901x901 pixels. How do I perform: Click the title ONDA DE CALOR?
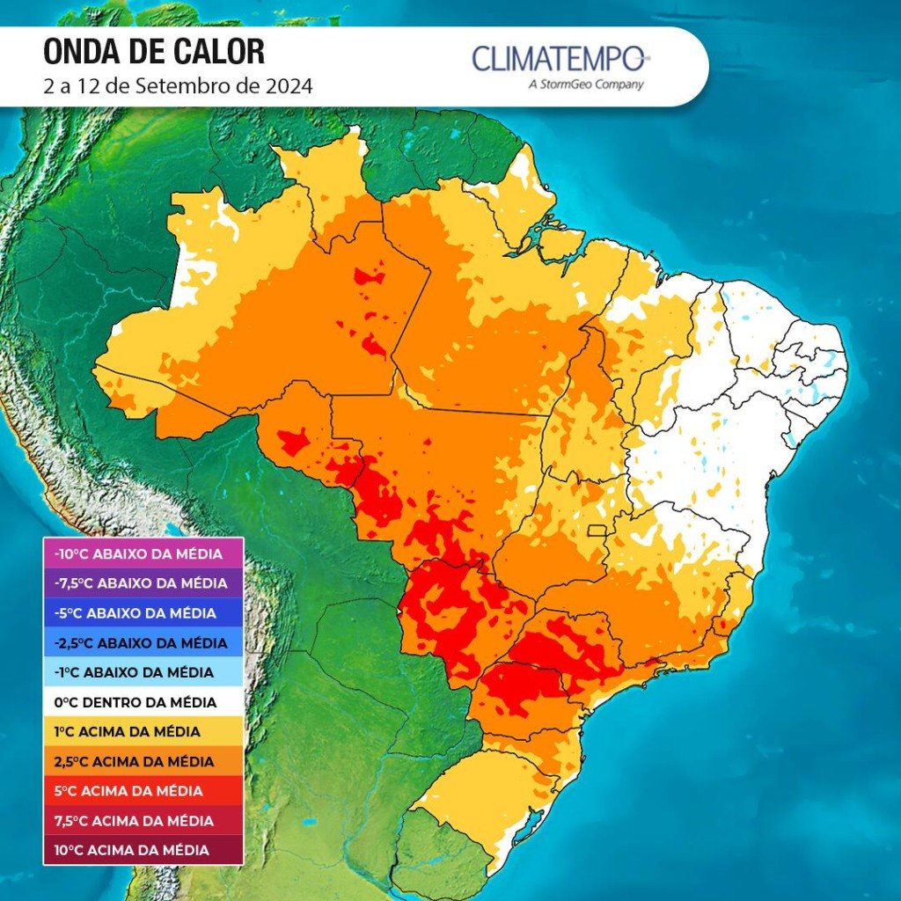[153, 52]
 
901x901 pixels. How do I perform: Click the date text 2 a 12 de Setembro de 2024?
[178, 86]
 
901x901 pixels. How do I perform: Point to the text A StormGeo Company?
[585, 84]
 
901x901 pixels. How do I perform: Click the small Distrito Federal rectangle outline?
[598, 531]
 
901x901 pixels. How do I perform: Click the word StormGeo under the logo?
[568, 84]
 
